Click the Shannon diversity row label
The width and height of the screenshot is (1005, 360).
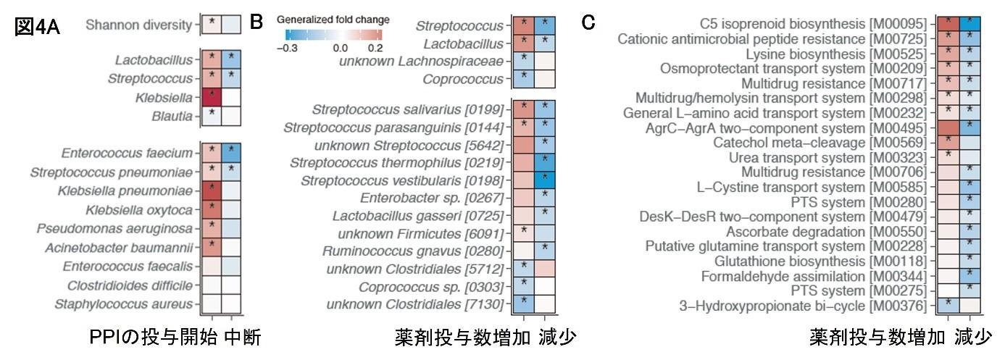138,25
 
